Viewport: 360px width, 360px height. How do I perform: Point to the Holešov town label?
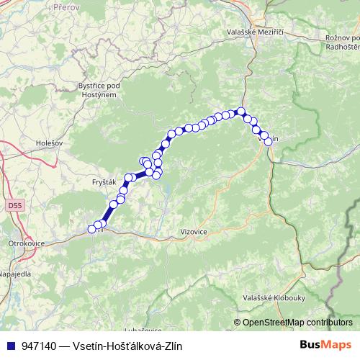pyautogui.click(x=50, y=143)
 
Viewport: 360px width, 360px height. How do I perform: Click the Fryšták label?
pyautogui.click(x=104, y=182)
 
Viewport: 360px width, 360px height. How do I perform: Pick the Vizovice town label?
pyautogui.click(x=192, y=233)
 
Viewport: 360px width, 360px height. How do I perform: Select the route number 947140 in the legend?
pyautogui.click(x=38, y=346)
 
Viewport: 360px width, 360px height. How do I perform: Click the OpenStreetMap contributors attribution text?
pyautogui.click(x=297, y=323)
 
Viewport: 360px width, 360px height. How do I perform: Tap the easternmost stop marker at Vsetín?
pyautogui.click(x=269, y=141)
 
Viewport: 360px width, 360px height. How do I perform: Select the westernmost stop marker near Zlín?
pyautogui.click(x=91, y=229)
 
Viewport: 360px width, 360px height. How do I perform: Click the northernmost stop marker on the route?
pyautogui.click(x=242, y=112)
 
